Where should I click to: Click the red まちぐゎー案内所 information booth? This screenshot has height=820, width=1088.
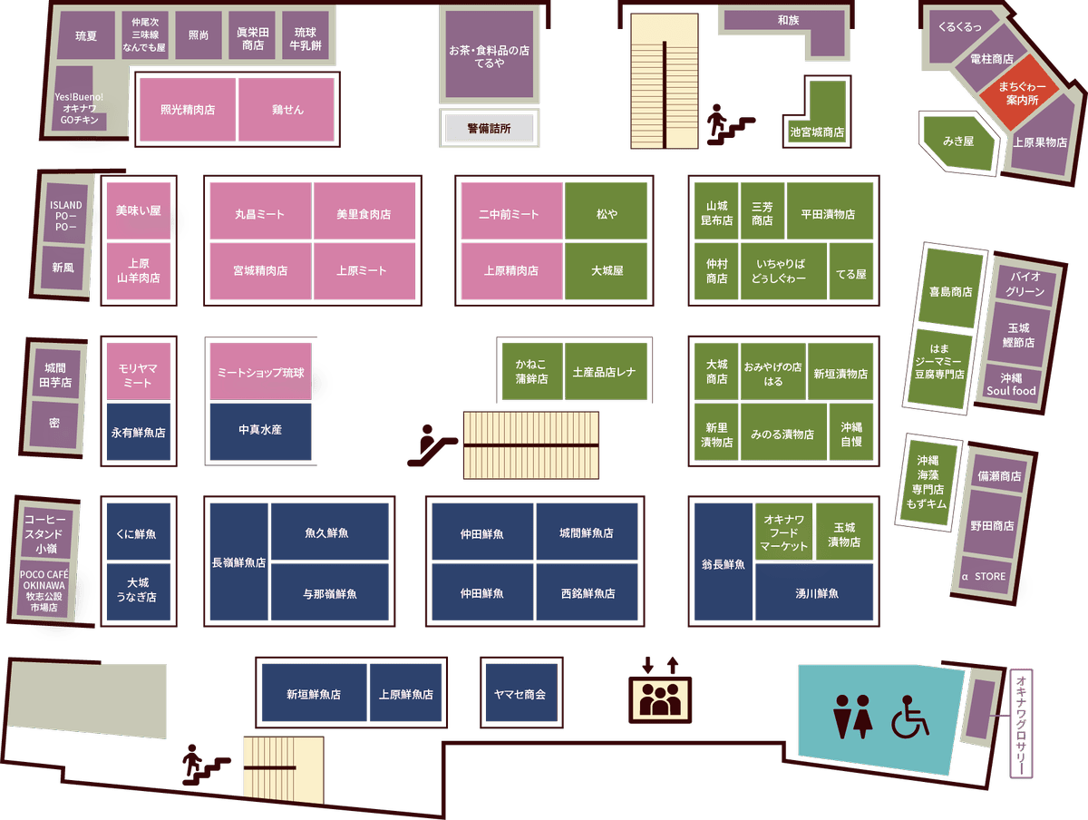(1021, 93)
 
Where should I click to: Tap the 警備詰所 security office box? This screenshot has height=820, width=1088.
(489, 129)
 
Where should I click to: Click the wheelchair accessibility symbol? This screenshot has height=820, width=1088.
(910, 717)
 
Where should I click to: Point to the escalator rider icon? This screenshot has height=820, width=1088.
(432, 445)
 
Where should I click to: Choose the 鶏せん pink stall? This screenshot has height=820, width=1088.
(287, 110)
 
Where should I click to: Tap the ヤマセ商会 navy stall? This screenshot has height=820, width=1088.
(521, 693)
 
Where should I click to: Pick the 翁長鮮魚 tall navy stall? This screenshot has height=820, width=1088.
(724, 561)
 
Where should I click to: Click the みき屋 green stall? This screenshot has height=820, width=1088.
(958, 142)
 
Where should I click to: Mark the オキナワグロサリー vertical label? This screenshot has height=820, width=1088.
(1021, 723)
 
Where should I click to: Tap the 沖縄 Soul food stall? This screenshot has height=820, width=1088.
(1011, 385)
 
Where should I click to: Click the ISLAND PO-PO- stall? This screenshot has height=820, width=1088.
(65, 214)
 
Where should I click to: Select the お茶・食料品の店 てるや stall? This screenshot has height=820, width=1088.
(490, 54)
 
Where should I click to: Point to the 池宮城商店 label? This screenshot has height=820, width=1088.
(817, 132)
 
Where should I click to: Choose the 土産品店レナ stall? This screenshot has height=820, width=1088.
(606, 371)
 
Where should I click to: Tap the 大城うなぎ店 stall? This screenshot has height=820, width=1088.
(139, 591)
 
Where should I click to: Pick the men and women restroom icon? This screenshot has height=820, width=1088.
(852, 717)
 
